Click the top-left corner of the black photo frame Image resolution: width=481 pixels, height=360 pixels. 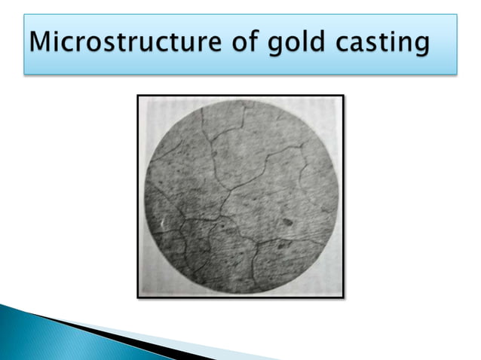click(x=138, y=96)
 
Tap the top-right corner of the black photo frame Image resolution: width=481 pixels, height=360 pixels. click(x=343, y=96)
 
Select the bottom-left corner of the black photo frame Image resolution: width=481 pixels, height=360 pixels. click(x=138, y=297)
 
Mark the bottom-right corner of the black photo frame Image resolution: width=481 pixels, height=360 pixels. click(x=343, y=297)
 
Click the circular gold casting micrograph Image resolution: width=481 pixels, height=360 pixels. click(x=240, y=197)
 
